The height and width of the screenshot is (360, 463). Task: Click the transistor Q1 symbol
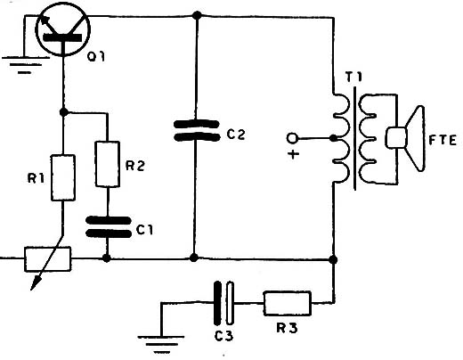pyautogui.click(x=62, y=29)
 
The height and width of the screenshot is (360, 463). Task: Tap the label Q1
pyautogui.click(x=96, y=56)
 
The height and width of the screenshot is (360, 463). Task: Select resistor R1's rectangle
pyautogui.click(x=63, y=177)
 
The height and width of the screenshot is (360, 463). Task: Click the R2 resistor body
pyautogui.click(x=108, y=164)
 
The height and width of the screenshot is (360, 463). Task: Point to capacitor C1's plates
pyautogui.click(x=109, y=227)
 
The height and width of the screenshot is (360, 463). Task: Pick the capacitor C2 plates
pyautogui.click(x=196, y=130)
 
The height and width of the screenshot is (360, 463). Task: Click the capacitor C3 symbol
pyautogui.click(x=223, y=303)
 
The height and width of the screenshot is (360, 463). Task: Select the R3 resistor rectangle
pyautogui.click(x=288, y=303)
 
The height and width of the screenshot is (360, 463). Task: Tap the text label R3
pyautogui.click(x=287, y=328)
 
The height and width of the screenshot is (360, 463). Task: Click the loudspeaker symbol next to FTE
pyautogui.click(x=405, y=138)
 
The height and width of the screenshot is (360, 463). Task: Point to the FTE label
pyautogui.click(x=443, y=140)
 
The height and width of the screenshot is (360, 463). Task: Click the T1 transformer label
pyautogui.click(x=353, y=78)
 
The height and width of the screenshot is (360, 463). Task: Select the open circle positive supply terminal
pyautogui.click(x=292, y=138)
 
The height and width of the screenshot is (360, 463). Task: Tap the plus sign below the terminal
pyautogui.click(x=293, y=154)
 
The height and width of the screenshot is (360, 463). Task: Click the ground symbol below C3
pyautogui.click(x=161, y=344)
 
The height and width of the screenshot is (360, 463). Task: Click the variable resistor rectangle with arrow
pyautogui.click(x=47, y=259)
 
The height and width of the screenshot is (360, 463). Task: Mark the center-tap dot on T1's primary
pyautogui.click(x=334, y=138)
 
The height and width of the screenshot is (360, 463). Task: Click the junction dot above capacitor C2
pyautogui.click(x=197, y=15)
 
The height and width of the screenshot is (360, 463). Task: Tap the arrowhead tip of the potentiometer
pyautogui.click(x=31, y=290)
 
